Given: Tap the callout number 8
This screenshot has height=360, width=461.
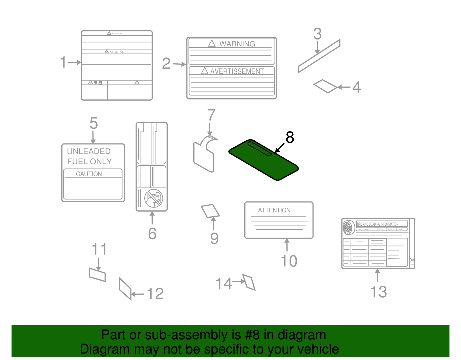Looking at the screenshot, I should click(290, 137).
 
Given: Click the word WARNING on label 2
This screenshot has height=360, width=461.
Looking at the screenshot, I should click(237, 44).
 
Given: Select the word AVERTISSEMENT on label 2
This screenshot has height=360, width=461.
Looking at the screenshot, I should click(237, 71).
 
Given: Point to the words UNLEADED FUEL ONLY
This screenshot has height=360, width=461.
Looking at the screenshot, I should click(89, 156).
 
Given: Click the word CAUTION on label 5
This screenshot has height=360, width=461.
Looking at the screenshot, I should click(89, 174).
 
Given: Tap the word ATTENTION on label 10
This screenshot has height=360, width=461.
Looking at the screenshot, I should click(274, 210).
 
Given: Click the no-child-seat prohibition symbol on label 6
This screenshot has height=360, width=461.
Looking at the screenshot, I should click(154, 198).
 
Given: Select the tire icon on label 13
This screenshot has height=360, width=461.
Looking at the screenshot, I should click(348, 227).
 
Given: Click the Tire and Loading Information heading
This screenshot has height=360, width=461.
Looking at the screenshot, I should click(377, 224).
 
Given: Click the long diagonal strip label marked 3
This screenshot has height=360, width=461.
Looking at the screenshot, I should click(319, 56).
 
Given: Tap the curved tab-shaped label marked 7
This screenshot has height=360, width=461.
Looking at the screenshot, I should click(204, 154).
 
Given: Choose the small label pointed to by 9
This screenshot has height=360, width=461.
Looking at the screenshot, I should click(210, 211).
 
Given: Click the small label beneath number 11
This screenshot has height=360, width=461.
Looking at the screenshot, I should click(97, 274).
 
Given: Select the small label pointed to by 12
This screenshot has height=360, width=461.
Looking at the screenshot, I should click(125, 289).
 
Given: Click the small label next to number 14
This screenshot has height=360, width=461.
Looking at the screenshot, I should click(249, 282).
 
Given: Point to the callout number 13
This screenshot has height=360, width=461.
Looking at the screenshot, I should click(378, 292).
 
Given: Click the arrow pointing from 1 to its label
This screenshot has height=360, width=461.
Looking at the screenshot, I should click(75, 62).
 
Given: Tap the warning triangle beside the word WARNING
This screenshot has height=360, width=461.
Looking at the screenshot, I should click(212, 44).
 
